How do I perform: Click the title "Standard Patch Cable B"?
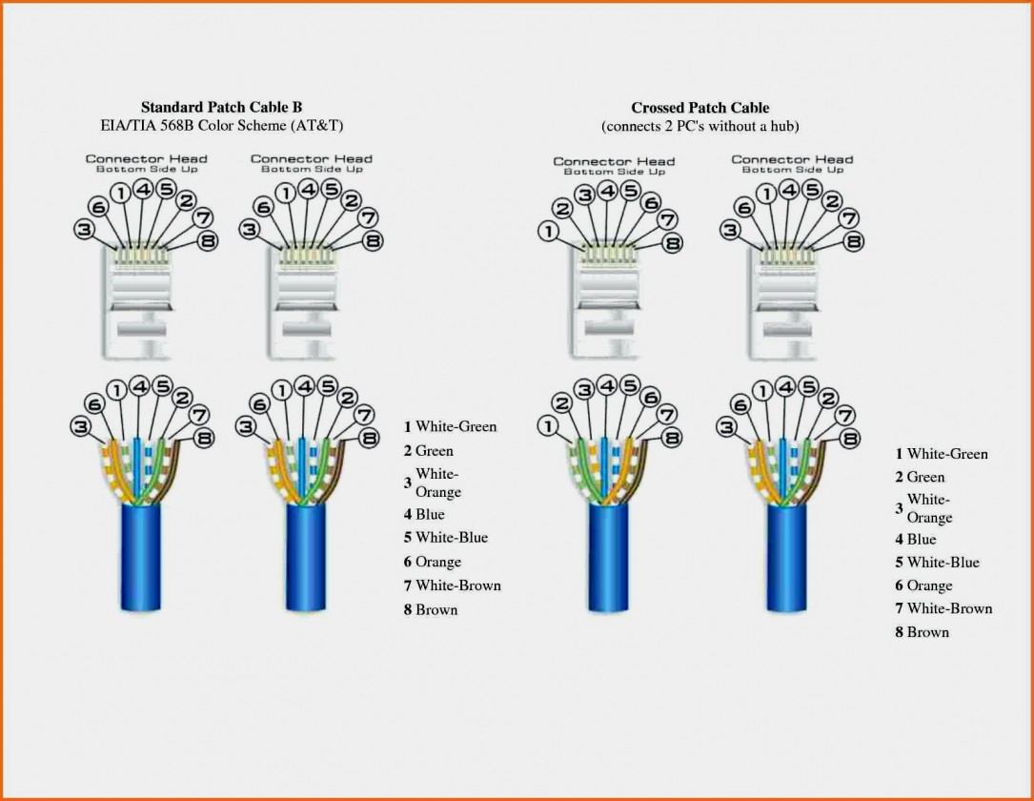(221, 107)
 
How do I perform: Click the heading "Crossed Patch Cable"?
(699, 108)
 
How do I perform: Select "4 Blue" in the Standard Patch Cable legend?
(424, 514)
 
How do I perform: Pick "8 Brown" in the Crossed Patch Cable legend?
(922, 631)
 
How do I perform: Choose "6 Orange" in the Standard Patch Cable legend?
(432, 562)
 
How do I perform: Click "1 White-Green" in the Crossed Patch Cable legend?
(942, 454)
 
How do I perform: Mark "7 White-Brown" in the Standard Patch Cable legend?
(452, 585)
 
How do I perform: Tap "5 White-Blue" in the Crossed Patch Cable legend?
(937, 562)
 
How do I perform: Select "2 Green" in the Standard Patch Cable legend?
(428, 450)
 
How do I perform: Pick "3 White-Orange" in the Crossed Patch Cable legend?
(923, 508)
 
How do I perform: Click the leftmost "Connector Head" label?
(147, 159)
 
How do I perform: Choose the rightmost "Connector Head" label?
(792, 159)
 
